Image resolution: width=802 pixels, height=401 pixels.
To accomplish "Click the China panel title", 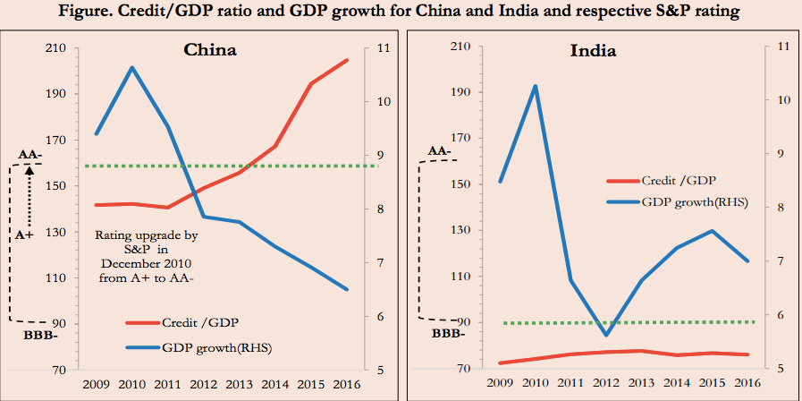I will click(x=209, y=50).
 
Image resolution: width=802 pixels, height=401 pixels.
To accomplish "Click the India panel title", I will click(x=593, y=50).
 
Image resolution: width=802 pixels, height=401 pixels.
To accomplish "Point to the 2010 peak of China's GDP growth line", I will click(x=131, y=67).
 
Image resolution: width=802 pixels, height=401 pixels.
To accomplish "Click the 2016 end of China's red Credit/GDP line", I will click(x=347, y=60).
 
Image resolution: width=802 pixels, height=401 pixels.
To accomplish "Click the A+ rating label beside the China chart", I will click(x=27, y=234).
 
